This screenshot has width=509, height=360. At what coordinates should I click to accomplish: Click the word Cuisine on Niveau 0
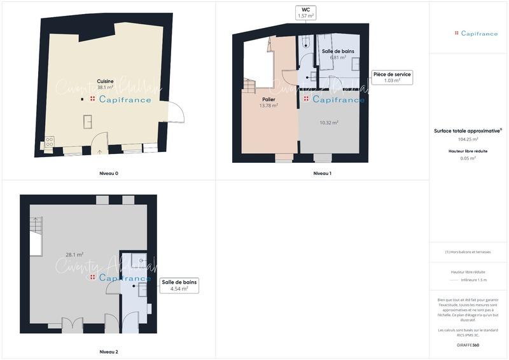click(105, 81)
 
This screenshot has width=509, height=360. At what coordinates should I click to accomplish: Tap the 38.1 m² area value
click(105, 87)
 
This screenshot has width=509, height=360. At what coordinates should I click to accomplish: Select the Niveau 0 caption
click(108, 173)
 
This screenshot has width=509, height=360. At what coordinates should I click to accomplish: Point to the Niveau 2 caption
click(108, 352)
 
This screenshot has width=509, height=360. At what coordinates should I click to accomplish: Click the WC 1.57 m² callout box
click(305, 12)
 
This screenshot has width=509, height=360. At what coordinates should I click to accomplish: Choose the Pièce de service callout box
click(392, 77)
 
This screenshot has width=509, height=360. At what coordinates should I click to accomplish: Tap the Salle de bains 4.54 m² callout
click(179, 285)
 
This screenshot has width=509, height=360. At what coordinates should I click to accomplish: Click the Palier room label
click(268, 100)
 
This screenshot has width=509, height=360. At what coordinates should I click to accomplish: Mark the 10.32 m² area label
click(328, 122)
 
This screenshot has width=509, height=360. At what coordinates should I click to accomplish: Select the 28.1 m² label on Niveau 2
click(74, 254)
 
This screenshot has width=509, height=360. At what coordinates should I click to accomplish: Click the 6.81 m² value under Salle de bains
click(337, 57)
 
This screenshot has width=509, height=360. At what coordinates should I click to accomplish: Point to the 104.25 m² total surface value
click(468, 139)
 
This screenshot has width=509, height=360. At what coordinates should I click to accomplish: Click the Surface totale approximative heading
click(468, 130)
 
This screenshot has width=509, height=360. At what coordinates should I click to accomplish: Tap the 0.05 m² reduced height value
click(468, 158)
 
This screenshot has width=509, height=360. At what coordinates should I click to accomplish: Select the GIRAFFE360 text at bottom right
click(468, 345)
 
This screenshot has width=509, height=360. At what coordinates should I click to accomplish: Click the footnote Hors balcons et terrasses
click(468, 252)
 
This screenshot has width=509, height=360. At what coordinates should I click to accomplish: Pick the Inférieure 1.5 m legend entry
click(473, 279)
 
